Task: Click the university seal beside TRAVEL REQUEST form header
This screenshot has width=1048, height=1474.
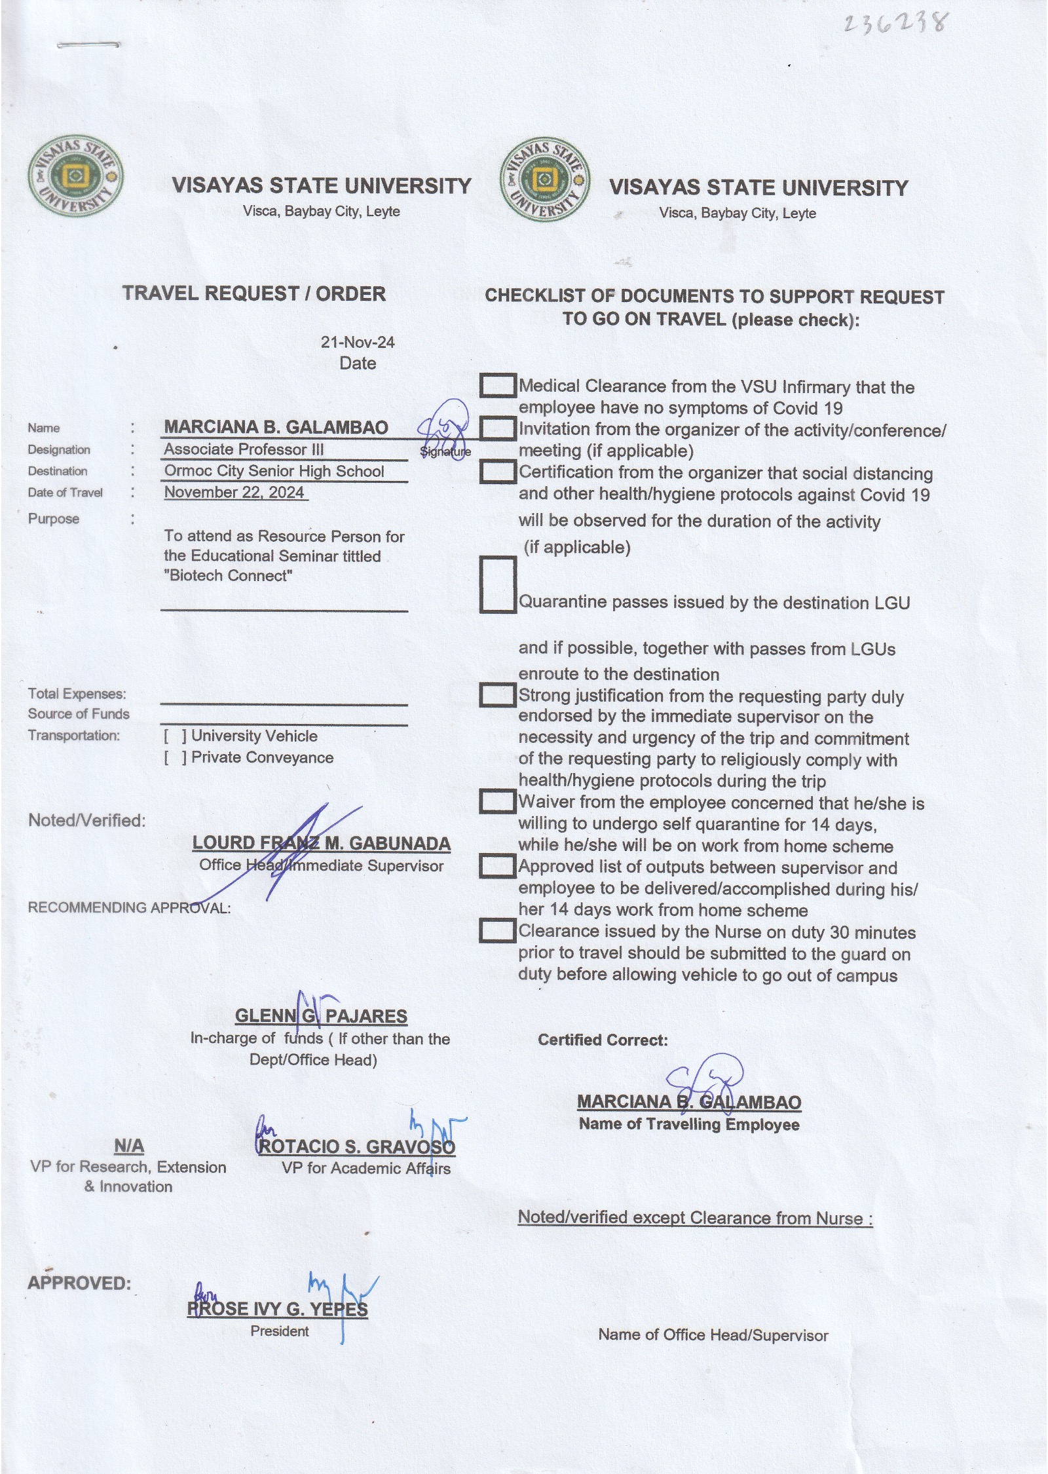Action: (x=75, y=176)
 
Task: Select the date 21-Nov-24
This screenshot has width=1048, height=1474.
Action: (x=358, y=342)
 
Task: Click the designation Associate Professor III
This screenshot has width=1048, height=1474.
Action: (x=244, y=449)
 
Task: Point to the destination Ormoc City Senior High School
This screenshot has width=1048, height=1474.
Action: (x=274, y=471)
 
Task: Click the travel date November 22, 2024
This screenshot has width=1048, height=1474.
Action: (x=234, y=493)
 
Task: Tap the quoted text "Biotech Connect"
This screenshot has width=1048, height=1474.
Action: (x=228, y=576)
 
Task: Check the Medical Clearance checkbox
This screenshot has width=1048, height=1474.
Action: (x=497, y=386)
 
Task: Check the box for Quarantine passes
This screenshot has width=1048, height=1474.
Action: (x=497, y=584)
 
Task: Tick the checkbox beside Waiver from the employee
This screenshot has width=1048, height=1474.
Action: (x=497, y=801)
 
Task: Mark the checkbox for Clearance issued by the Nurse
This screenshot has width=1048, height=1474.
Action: (x=497, y=931)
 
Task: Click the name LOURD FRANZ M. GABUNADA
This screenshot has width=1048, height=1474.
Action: (x=321, y=843)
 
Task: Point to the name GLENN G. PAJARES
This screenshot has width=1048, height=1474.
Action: (x=321, y=1016)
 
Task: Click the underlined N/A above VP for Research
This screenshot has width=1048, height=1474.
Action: (x=128, y=1146)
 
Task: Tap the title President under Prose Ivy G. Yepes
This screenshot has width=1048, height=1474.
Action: (x=279, y=1331)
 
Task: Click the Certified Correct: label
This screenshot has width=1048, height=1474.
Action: (x=603, y=1040)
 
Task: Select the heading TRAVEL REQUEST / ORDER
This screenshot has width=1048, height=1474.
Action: (x=253, y=293)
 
